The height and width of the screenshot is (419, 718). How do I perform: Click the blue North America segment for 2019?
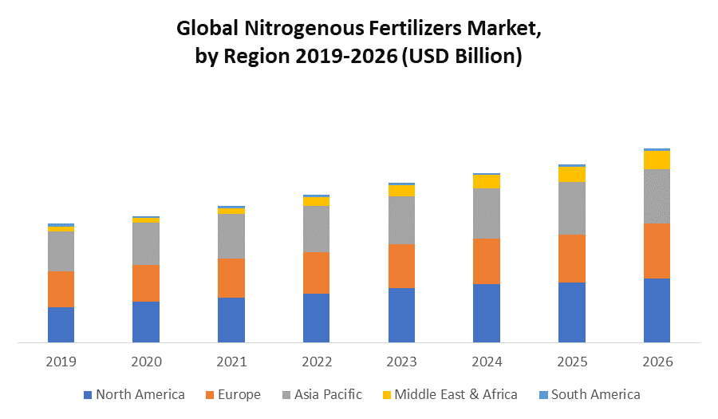click(x=61, y=325)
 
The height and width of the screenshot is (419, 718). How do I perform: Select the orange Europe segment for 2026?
click(x=657, y=251)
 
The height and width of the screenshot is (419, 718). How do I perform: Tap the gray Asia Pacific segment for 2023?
click(x=401, y=219)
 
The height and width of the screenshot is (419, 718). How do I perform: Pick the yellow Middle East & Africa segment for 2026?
click(x=657, y=160)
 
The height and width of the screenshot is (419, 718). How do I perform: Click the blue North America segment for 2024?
click(x=487, y=313)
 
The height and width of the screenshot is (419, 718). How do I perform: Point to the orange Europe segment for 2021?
click(x=231, y=278)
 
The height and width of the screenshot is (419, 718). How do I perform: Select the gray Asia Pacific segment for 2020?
click(x=146, y=243)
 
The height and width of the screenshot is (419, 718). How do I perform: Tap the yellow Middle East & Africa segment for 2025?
click(x=571, y=174)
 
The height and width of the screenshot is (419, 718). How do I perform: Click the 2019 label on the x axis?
click(x=61, y=362)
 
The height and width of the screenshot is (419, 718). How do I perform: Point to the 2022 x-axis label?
click(x=317, y=362)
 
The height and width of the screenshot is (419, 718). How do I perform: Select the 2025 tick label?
click(x=571, y=362)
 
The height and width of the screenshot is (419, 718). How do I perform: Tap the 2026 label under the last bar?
click(x=657, y=362)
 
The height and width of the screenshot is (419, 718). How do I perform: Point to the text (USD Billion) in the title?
click(x=463, y=57)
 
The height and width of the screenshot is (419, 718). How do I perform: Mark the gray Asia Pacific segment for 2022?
click(x=317, y=228)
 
